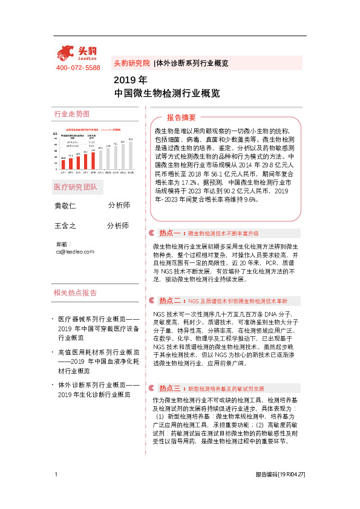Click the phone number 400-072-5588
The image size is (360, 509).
[x=78, y=68]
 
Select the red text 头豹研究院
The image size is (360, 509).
[x=131, y=63]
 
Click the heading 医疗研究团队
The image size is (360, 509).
[x=75, y=187]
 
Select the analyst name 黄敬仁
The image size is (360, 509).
[x=65, y=206]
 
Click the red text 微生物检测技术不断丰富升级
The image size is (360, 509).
[x=223, y=233]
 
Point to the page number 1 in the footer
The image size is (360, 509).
[x=56, y=475]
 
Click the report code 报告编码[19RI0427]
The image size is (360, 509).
[x=280, y=475]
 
